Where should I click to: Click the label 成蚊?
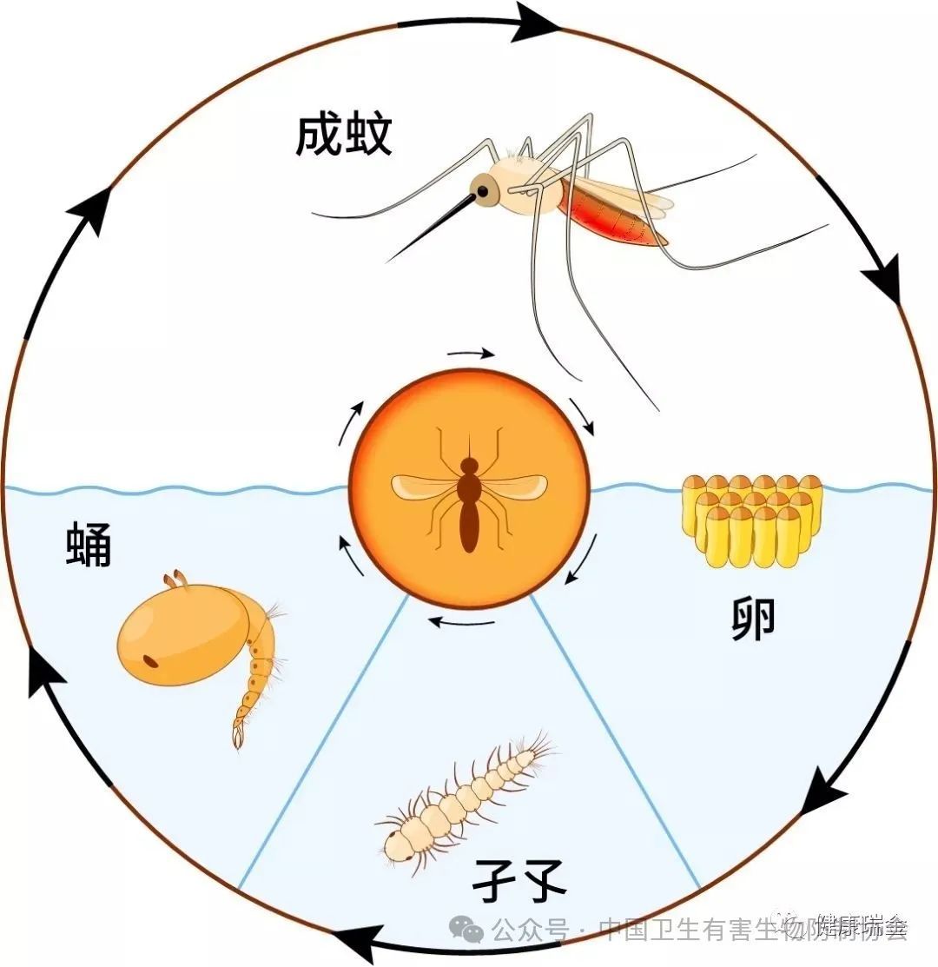[x=344, y=136]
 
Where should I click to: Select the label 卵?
[x=752, y=619]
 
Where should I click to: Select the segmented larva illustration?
[x=465, y=795]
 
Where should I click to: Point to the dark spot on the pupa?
[x=151, y=662]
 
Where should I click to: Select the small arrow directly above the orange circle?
[x=472, y=354]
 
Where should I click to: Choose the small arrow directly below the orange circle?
[x=463, y=622]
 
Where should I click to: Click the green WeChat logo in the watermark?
[x=471, y=931]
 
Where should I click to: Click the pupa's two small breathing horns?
[x=176, y=578]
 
